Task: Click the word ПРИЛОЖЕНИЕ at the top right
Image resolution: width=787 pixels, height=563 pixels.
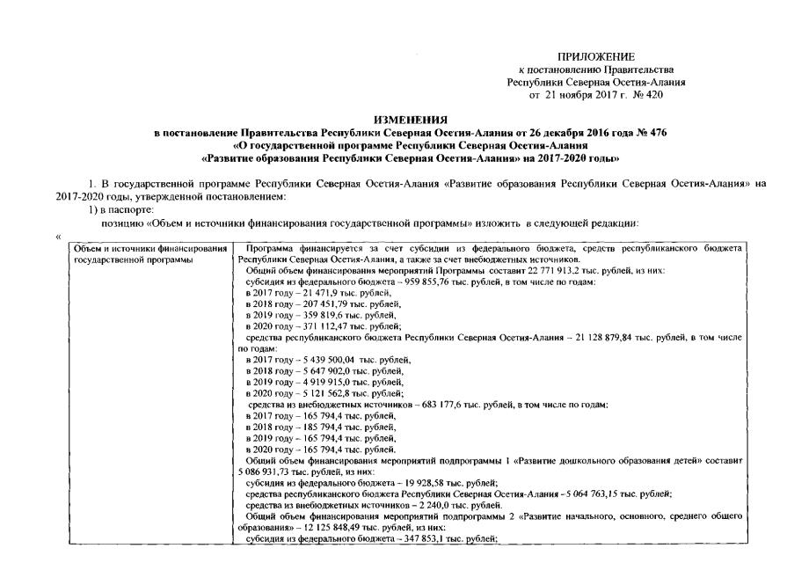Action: point(596,57)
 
